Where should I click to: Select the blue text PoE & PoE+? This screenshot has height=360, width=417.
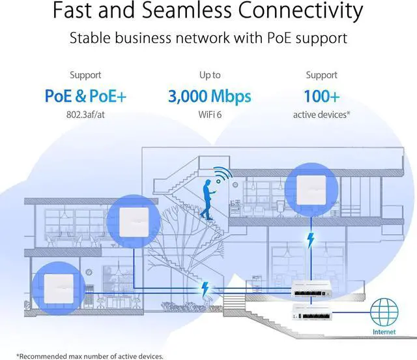click(85, 97)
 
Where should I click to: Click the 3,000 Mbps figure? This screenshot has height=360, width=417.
click(209, 97)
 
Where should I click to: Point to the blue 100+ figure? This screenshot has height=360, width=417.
click(321, 97)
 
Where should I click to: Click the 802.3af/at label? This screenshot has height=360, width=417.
click(85, 115)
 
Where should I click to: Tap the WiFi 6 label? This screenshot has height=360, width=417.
click(209, 115)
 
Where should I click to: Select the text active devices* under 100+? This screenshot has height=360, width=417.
click(321, 115)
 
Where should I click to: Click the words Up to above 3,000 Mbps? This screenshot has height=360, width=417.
click(209, 76)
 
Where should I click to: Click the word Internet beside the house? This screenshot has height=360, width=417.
click(383, 331)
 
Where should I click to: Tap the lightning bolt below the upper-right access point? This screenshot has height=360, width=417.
click(310, 239)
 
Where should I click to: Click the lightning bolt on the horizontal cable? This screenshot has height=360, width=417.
click(206, 287)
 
